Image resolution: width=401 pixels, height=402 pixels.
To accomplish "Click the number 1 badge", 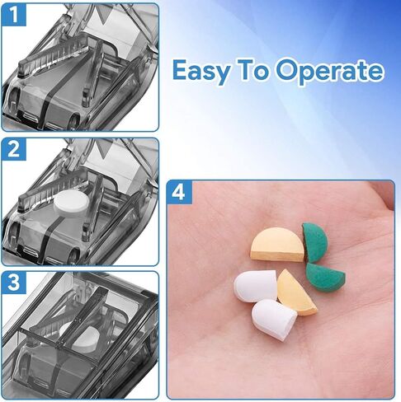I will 15,14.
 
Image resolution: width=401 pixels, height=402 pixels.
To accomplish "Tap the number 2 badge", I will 15,150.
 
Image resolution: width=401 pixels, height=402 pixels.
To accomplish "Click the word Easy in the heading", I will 203,72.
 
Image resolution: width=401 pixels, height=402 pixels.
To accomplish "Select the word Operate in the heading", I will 335,72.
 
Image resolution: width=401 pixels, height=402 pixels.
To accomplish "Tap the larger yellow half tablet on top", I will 277,245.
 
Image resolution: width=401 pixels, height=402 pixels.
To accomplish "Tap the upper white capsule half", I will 254,287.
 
